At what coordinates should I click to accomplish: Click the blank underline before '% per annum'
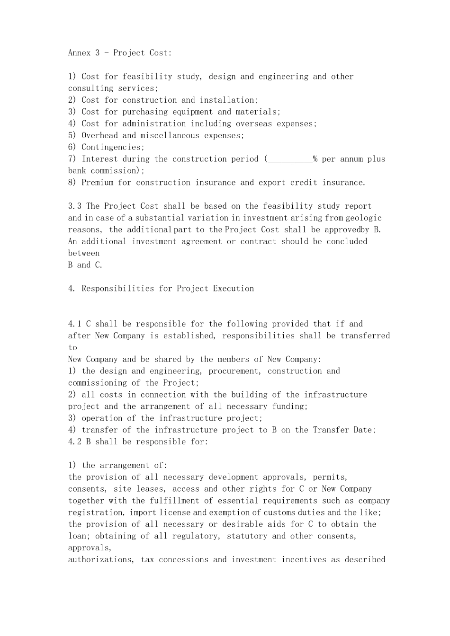[x=290, y=159]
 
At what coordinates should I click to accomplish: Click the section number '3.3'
[x=75, y=206]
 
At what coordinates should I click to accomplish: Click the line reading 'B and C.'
[x=85, y=265]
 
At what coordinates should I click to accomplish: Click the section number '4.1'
[x=75, y=324]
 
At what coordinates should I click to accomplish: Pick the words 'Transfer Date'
[x=344, y=430]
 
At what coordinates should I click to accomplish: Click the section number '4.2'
[x=75, y=442]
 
